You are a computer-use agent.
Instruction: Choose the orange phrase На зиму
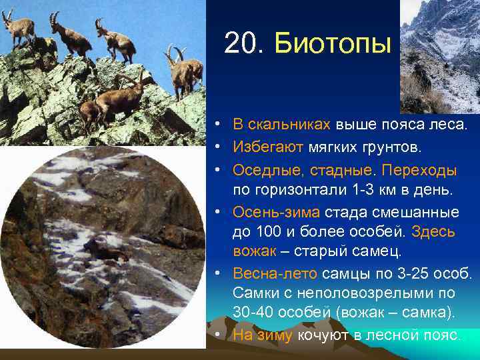click(263, 335)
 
